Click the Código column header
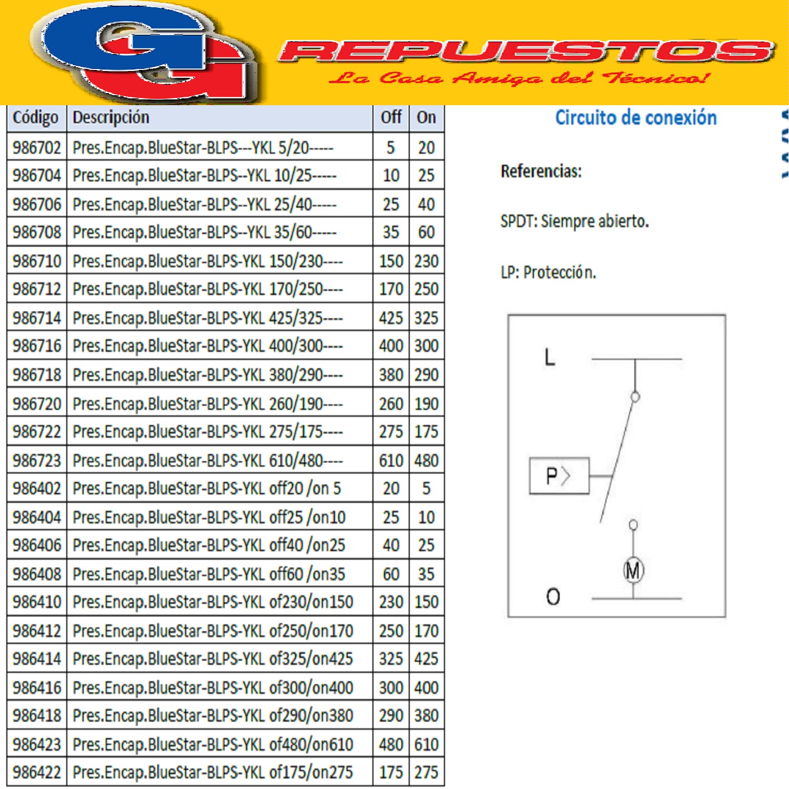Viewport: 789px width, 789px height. coord(36,117)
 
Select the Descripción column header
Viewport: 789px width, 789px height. coord(111,117)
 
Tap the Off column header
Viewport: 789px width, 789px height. coord(391,117)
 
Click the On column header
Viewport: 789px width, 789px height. coord(426,117)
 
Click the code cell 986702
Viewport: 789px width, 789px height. coord(37,148)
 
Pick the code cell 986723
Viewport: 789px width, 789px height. coord(37,461)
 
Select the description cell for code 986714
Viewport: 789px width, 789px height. coord(208,318)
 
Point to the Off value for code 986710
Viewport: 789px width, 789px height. coord(391,261)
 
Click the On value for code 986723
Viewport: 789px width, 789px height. coord(426,461)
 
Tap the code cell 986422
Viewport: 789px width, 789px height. coord(37,772)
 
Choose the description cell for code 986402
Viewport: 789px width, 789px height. coord(207,489)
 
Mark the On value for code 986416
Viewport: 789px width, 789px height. coord(426,687)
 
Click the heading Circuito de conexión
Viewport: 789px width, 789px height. coord(636,118)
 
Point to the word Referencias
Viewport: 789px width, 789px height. coord(541,171)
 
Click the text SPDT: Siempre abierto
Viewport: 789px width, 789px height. coord(574,221)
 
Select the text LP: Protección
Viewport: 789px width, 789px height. coord(548,272)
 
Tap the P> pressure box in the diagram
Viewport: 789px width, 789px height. coord(559,476)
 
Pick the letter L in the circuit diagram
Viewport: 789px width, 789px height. coord(550,358)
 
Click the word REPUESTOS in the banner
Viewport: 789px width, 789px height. coord(526,52)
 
